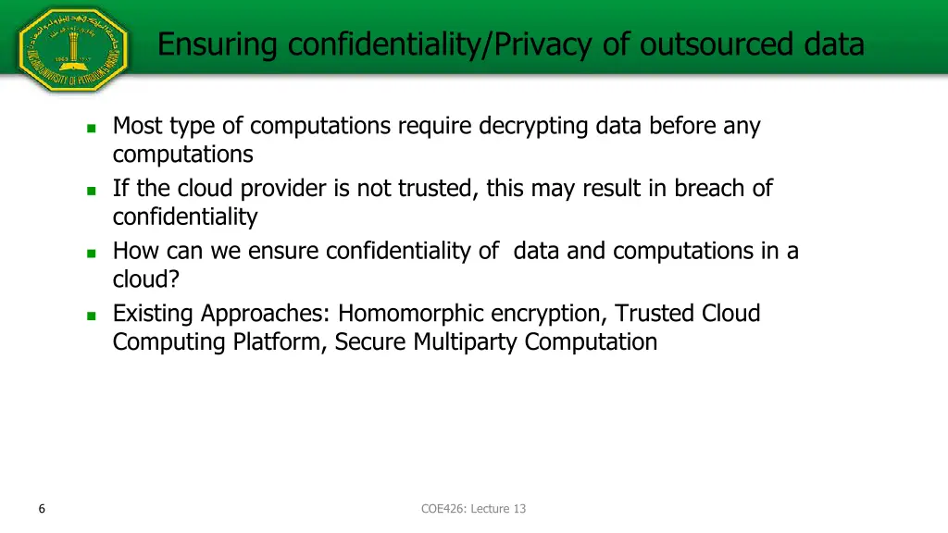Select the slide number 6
coord(43,508)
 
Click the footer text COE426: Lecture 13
coord(473,508)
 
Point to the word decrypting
coord(533,126)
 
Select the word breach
coord(709,189)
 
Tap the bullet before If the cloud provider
coord(91,191)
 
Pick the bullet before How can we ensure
coord(91,253)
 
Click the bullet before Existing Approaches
coord(91,316)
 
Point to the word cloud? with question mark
coord(145,279)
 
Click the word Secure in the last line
coord(370,342)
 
